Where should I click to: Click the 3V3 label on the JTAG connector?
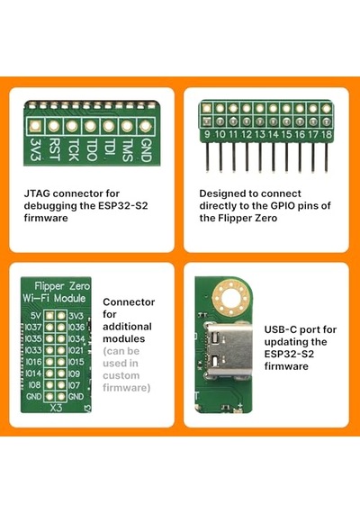click(35, 149)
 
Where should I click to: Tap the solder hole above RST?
click(54, 126)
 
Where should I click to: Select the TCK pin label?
click(72, 149)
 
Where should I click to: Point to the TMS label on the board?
click(127, 149)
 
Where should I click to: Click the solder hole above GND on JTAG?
click(145, 126)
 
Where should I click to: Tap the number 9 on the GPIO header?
click(207, 134)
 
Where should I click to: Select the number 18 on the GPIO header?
click(327, 134)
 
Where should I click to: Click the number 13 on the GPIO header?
click(260, 134)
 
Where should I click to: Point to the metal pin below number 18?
click(327, 157)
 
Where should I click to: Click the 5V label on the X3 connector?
click(35, 316)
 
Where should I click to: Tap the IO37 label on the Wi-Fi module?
click(33, 328)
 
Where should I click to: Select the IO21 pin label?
click(76, 350)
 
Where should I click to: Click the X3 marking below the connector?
click(56, 408)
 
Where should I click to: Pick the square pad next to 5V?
click(49, 316)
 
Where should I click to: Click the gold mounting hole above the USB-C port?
click(231, 298)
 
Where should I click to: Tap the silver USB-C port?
click(229, 348)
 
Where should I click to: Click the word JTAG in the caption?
click(37, 193)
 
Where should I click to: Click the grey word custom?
click(121, 375)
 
